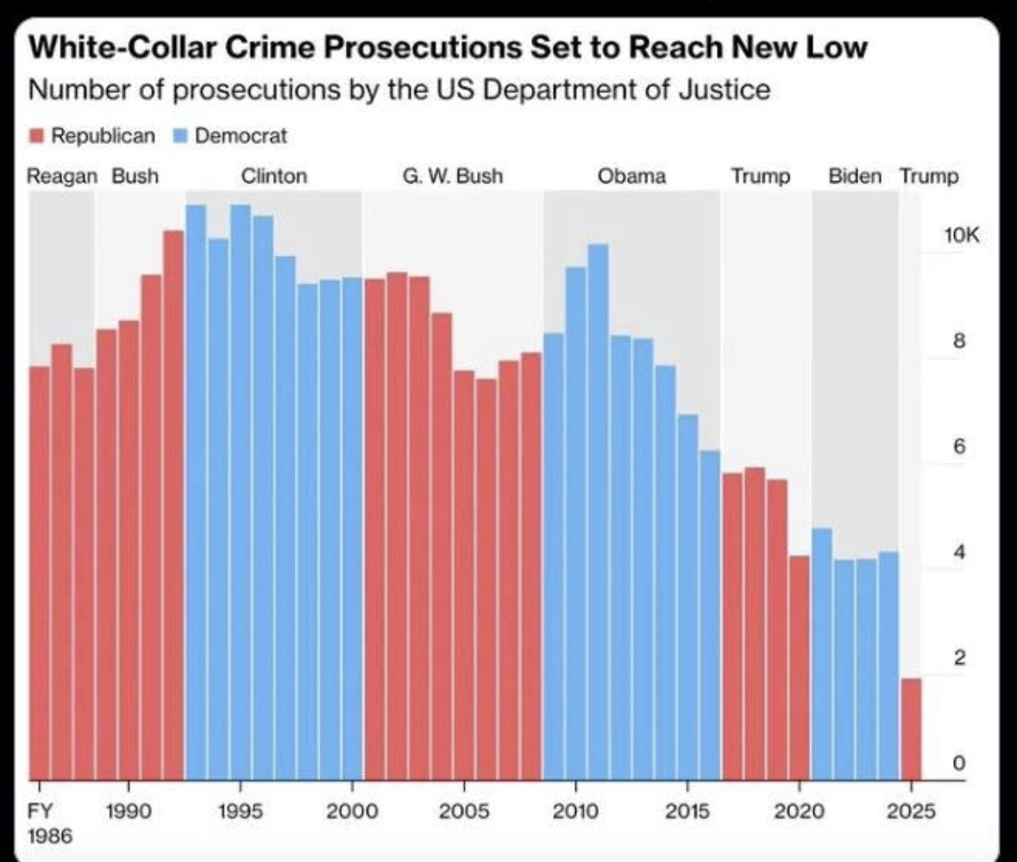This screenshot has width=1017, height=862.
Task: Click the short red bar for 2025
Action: tap(911, 728)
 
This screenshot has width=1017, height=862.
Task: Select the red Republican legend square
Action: tap(35, 135)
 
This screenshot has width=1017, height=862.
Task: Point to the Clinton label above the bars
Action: tap(273, 177)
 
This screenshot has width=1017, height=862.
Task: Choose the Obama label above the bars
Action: tap(631, 177)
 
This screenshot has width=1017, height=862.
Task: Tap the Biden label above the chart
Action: tap(855, 177)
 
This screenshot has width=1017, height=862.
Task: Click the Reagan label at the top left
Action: tap(62, 177)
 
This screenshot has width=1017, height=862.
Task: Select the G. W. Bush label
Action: tap(452, 177)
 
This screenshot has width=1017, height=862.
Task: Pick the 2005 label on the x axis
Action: tap(464, 812)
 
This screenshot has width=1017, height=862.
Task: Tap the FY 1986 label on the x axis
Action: tap(40, 823)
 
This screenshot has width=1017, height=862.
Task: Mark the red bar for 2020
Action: tap(800, 667)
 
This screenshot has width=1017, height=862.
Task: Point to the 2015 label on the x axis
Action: tap(687, 812)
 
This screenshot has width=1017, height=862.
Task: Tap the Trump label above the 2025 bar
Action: tap(928, 177)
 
